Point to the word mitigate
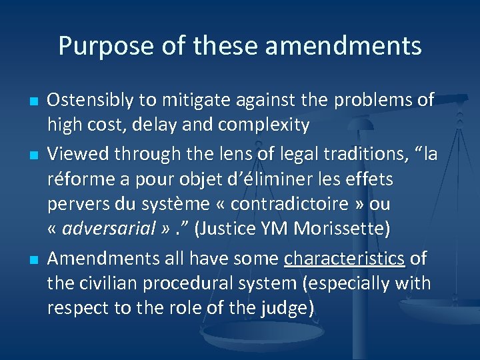pos(197,100)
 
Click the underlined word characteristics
pos(344,258)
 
